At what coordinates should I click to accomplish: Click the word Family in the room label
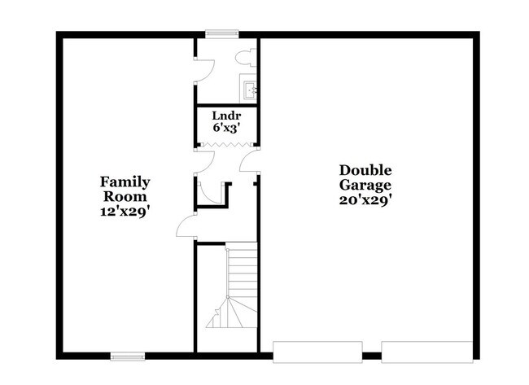[x=125, y=182]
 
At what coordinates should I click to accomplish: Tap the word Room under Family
[x=125, y=197]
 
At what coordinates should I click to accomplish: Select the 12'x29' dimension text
[x=125, y=212]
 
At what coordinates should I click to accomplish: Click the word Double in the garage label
[x=365, y=170]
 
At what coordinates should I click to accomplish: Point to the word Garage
[x=365, y=186]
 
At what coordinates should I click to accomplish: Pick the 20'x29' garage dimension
[x=365, y=200]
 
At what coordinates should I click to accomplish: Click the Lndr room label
[x=226, y=116]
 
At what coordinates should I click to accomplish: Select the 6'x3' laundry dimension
[x=226, y=128]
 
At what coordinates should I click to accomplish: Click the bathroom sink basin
[x=250, y=90]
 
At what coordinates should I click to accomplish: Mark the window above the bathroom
[x=222, y=33]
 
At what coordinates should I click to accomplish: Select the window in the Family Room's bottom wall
[x=128, y=356]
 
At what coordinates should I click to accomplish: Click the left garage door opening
[x=317, y=352]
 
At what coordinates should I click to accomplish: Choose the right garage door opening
[x=426, y=352]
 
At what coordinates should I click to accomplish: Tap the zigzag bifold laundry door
[x=226, y=144]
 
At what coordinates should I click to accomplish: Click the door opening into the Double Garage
[x=249, y=160]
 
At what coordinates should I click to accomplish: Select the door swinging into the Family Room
[x=186, y=225]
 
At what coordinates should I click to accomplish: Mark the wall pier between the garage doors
[x=372, y=356]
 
